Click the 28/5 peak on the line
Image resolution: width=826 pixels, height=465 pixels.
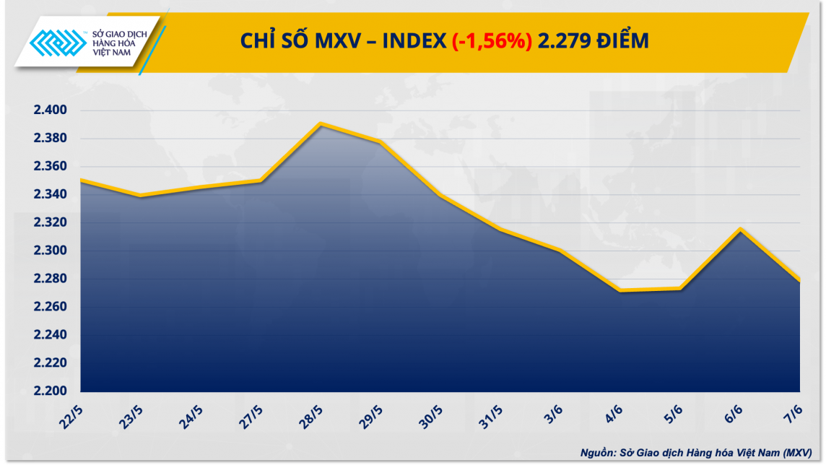pyautogui.click(x=321, y=123)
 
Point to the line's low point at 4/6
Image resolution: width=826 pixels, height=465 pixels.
pyautogui.click(x=621, y=290)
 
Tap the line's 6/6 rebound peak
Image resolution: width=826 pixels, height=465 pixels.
pyautogui.click(x=741, y=229)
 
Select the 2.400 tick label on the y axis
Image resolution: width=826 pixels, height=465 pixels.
pyautogui.click(x=50, y=110)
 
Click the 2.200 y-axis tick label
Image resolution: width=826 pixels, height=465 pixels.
pyautogui.click(x=50, y=391)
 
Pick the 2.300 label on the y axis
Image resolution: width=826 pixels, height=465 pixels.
pyautogui.click(x=50, y=251)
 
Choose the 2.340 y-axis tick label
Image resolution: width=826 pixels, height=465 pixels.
pyautogui.click(x=50, y=195)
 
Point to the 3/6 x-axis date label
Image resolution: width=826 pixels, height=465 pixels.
pyautogui.click(x=553, y=416)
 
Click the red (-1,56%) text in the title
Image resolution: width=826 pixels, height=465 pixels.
pyautogui.click(x=492, y=42)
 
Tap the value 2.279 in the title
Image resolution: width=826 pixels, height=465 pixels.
pyautogui.click(x=562, y=42)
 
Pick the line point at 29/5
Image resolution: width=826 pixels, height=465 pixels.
pyautogui.click(x=381, y=142)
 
